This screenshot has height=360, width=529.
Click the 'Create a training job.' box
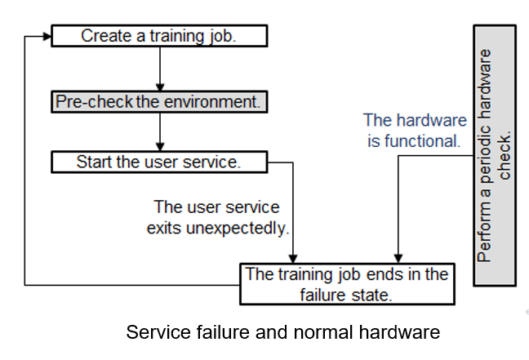coord(159,36)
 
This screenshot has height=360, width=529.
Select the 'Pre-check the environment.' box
coord(159,101)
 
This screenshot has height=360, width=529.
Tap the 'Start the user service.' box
coord(159,162)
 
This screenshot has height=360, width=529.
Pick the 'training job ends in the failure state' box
coord(347,284)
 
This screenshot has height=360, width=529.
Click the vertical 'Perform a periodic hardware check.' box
coord(495,156)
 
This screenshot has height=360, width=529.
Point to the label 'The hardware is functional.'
coord(415,131)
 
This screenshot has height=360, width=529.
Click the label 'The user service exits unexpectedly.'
coord(218,217)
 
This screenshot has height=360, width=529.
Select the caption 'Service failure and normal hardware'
coord(283,332)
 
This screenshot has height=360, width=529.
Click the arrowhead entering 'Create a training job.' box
coord(47,37)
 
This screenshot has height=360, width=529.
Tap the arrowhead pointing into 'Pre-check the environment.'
coord(160,87)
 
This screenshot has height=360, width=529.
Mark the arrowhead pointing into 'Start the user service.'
coord(160,147)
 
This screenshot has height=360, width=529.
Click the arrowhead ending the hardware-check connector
coord(398,259)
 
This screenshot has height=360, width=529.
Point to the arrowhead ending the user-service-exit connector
coord(293,259)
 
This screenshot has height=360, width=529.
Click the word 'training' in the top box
coord(177,36)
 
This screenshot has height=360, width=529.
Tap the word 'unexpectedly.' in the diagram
coord(238,229)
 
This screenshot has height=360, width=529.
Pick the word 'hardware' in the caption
coord(399,332)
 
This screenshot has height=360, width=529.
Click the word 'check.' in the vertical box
coord(505,155)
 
